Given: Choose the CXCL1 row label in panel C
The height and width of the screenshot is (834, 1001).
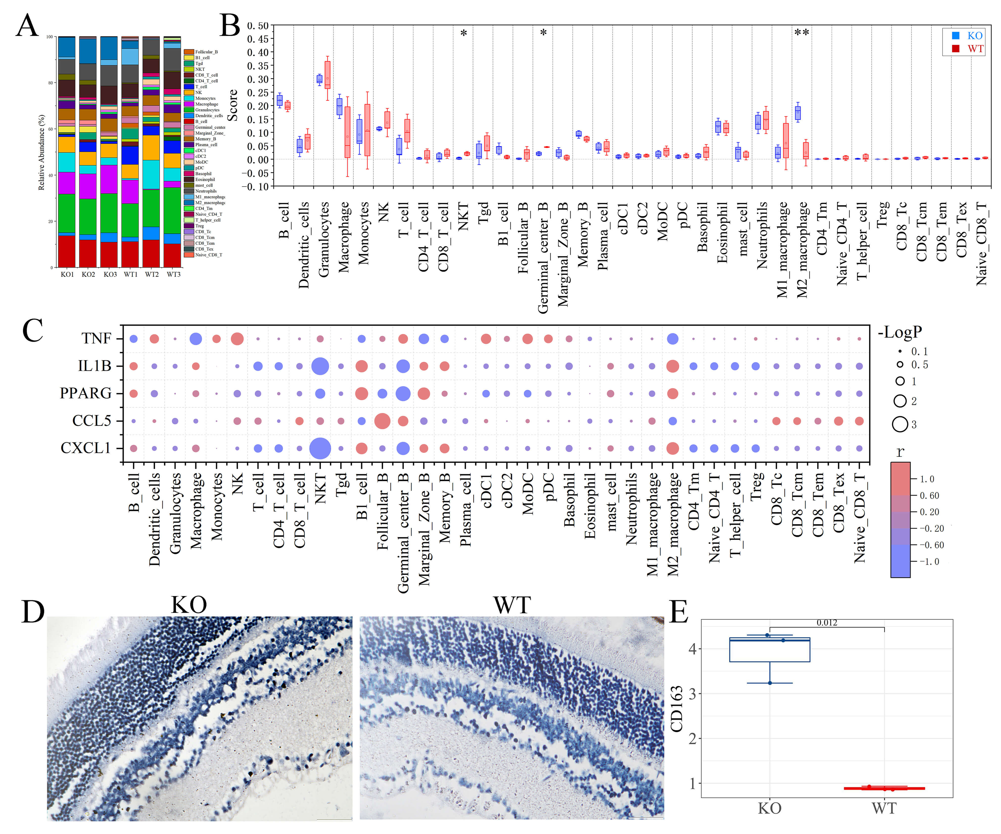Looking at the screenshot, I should [86, 448].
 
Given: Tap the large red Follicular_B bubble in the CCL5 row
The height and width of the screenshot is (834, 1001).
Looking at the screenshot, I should [382, 421].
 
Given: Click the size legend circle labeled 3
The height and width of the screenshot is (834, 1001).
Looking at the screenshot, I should [900, 424].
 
